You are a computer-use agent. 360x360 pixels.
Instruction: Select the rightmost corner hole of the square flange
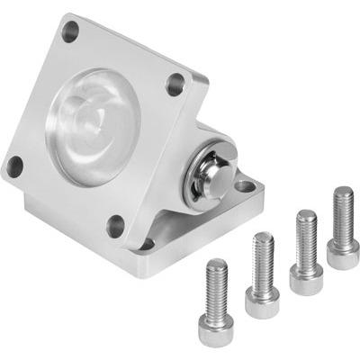175,86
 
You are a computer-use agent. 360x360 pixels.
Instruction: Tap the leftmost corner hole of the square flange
14,166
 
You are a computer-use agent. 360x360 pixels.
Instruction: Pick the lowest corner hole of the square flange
114,226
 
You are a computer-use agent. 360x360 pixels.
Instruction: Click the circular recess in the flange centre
94,126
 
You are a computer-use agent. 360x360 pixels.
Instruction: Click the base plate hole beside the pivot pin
243,187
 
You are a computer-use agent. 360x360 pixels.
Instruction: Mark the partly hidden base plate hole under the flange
148,244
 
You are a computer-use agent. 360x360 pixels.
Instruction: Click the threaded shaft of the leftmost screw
217,288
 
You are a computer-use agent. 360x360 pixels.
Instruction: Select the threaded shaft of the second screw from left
264,261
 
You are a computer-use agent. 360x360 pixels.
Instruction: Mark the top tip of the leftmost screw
217,263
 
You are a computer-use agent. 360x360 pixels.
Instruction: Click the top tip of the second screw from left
263,236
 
